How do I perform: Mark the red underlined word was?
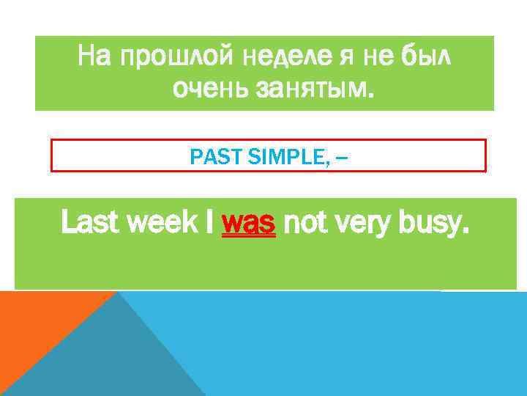click(248, 222)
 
